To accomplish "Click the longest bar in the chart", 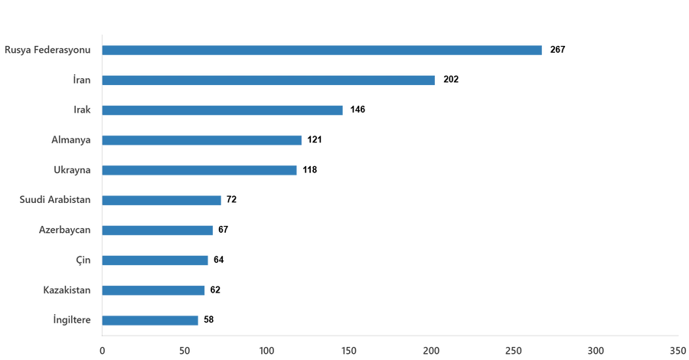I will [x=322, y=51].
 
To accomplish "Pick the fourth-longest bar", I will [x=203, y=140].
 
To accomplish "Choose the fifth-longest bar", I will [x=201, y=170].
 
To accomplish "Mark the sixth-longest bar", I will [x=162, y=201].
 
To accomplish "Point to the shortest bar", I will [x=151, y=320].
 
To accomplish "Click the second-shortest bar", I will [x=154, y=290].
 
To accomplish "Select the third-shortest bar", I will [x=155, y=260].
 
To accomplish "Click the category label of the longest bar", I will [x=47, y=51].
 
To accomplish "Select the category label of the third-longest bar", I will [x=82, y=110].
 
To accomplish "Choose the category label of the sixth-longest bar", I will [x=54, y=201].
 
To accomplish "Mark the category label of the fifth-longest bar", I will [x=73, y=170].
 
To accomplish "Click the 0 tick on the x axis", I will [x=102, y=350].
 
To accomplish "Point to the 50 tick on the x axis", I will [x=184, y=350].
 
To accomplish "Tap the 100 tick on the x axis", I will [x=266, y=350].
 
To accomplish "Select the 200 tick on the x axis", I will [x=431, y=350].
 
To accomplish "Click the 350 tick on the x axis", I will [x=678, y=350].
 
